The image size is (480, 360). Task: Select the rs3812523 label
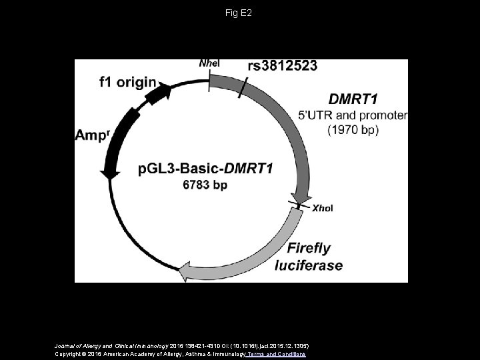(x=282, y=65)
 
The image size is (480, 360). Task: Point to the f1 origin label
(x=128, y=83)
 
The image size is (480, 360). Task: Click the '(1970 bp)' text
(x=353, y=131)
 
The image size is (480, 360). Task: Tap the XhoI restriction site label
(x=323, y=208)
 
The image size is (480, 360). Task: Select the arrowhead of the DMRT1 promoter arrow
(x=303, y=198)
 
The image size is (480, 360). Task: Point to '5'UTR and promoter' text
(x=353, y=115)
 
